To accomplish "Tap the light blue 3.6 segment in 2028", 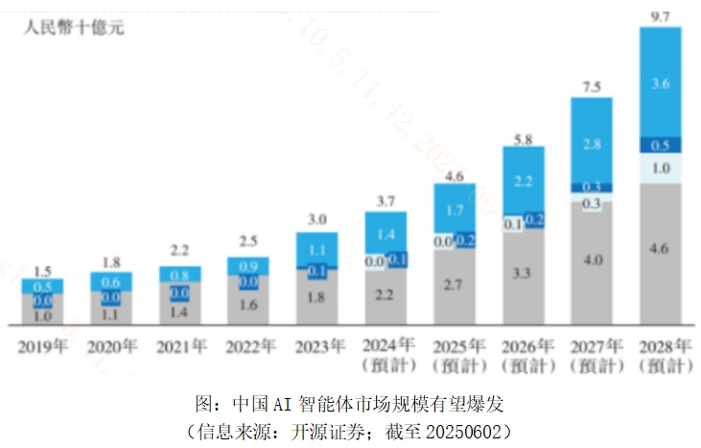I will (x=660, y=83).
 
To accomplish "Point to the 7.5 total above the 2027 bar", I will (x=592, y=86).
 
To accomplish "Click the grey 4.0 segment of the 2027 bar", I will (x=592, y=261).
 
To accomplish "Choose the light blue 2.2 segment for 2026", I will (x=523, y=179).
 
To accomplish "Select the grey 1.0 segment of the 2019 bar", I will (x=43, y=315).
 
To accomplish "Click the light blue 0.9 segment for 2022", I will (x=248, y=265).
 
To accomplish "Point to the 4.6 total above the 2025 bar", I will (x=455, y=177).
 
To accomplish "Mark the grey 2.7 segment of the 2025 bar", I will (x=455, y=285).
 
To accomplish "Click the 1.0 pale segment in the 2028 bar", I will (x=660, y=168).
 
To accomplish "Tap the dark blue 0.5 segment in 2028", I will (x=660, y=146).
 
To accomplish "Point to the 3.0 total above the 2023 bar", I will (x=316, y=218).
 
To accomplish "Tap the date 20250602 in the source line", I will (x=465, y=427).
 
